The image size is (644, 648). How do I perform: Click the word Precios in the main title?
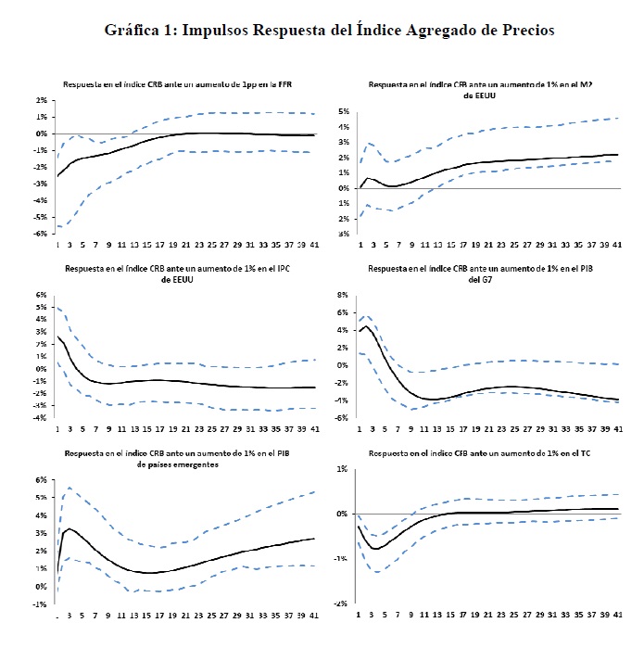[523, 30]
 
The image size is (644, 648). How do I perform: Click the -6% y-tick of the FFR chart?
[43, 234]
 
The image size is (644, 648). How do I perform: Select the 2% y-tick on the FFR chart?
[43, 100]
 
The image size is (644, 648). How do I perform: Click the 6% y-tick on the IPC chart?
[43, 295]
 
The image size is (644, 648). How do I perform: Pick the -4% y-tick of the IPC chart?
[43, 418]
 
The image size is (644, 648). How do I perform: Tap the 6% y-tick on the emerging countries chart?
[43, 480]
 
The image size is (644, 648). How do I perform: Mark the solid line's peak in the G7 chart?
[365, 326]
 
